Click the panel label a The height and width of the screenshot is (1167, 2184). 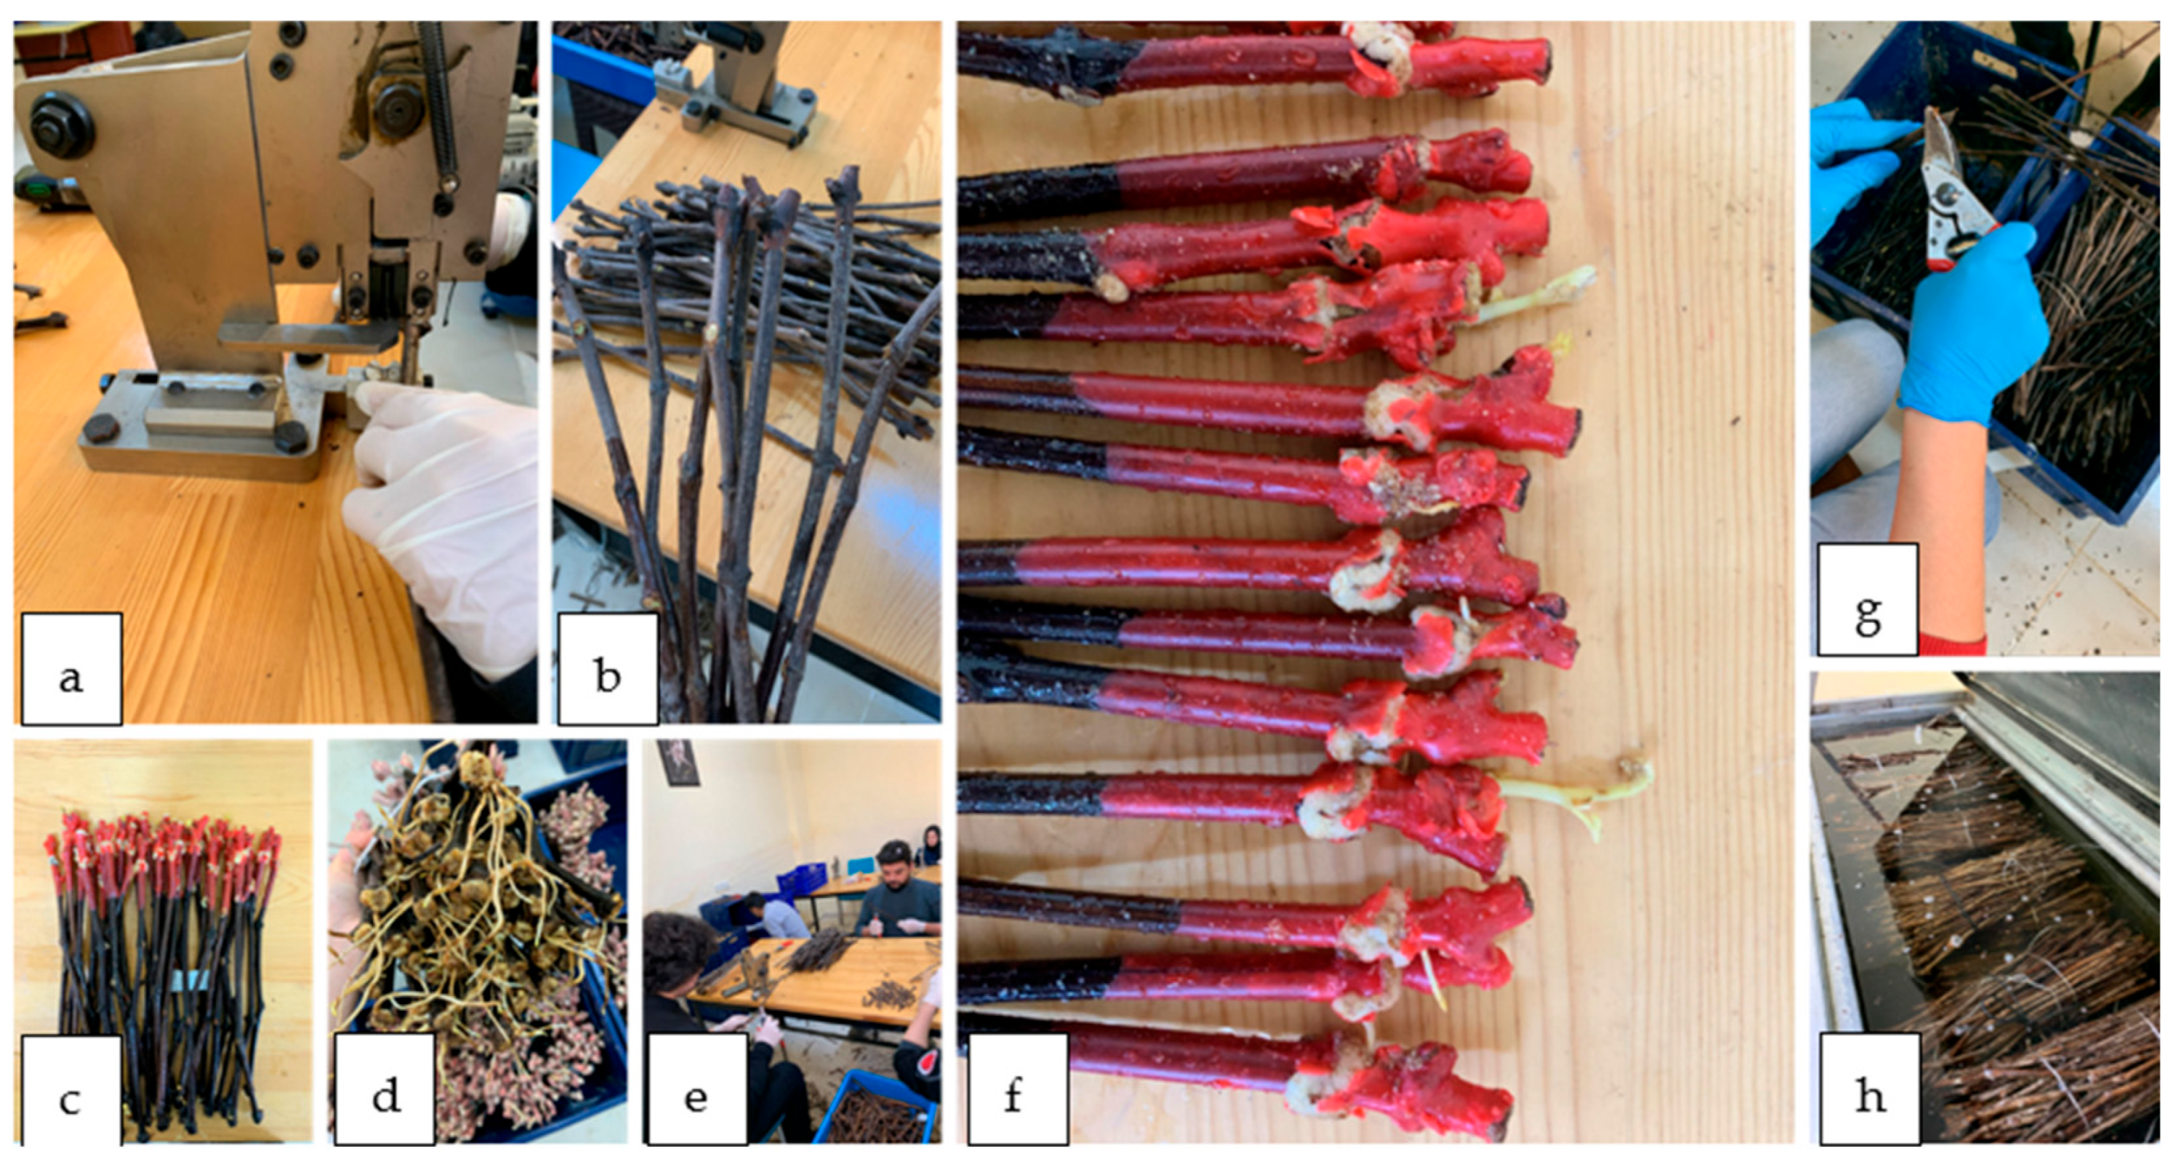71,669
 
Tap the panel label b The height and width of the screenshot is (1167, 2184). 607,669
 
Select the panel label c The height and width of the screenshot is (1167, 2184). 71,1092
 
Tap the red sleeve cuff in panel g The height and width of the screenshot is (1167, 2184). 1951,644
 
